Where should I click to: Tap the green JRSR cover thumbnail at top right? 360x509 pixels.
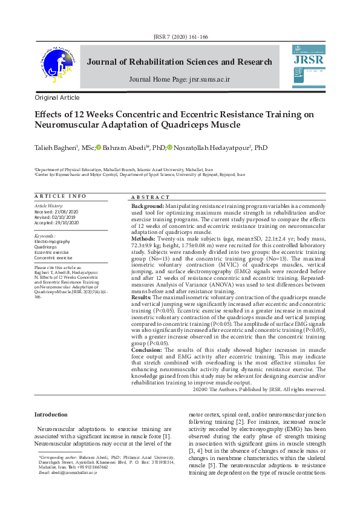click(309, 63)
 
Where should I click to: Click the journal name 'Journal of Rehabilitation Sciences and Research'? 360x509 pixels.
click(180, 62)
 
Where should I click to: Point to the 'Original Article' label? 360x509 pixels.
click(57, 97)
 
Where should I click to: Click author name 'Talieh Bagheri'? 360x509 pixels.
click(54, 148)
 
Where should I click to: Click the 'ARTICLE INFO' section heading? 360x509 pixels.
click(61, 196)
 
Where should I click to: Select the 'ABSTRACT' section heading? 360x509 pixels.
click(151, 198)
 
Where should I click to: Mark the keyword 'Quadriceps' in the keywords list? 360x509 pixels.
click(47, 247)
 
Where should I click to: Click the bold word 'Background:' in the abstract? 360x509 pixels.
click(148, 207)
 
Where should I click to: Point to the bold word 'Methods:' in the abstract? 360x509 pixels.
click(143, 239)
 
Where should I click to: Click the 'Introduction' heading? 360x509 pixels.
click(51, 415)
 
